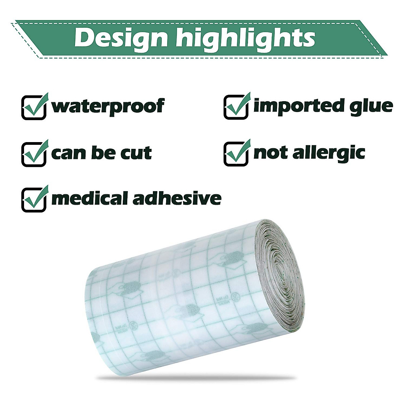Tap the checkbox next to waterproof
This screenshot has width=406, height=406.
[33, 107]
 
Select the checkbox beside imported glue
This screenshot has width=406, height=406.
[236, 107]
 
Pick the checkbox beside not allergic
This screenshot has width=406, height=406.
[236, 154]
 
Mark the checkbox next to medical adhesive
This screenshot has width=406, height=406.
[33, 200]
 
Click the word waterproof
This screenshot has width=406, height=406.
[108, 107]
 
